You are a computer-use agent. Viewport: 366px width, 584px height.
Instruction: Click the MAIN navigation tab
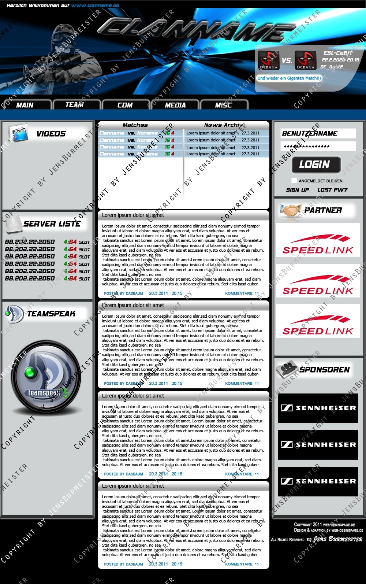click(25, 105)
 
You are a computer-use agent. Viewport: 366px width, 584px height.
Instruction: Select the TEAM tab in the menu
click(75, 105)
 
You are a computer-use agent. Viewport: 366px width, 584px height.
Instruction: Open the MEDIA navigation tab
click(175, 105)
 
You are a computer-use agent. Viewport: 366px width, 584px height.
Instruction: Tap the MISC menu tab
click(224, 105)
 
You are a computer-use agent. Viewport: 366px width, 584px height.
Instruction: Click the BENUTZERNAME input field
click(318, 133)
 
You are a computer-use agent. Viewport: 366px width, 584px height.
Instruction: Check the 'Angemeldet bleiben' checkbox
click(294, 181)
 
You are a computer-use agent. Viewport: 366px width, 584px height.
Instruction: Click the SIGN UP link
click(298, 190)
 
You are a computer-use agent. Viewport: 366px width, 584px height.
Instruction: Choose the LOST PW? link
click(332, 190)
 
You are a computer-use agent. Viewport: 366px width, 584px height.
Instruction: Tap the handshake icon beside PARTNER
click(289, 210)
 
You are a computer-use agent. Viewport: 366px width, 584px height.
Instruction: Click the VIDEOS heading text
click(51, 134)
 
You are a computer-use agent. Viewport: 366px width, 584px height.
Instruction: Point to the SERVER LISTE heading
click(52, 224)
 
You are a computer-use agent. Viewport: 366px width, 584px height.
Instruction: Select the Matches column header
click(135, 125)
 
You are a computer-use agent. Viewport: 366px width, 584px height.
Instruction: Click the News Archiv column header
click(224, 125)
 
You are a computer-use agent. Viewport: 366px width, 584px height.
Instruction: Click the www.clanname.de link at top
click(95, 5)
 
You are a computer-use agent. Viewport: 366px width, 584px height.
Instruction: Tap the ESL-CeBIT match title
click(337, 53)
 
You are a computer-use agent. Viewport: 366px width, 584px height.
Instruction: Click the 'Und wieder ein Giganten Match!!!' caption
click(289, 78)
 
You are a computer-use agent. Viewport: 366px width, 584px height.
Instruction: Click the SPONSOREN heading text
click(325, 370)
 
